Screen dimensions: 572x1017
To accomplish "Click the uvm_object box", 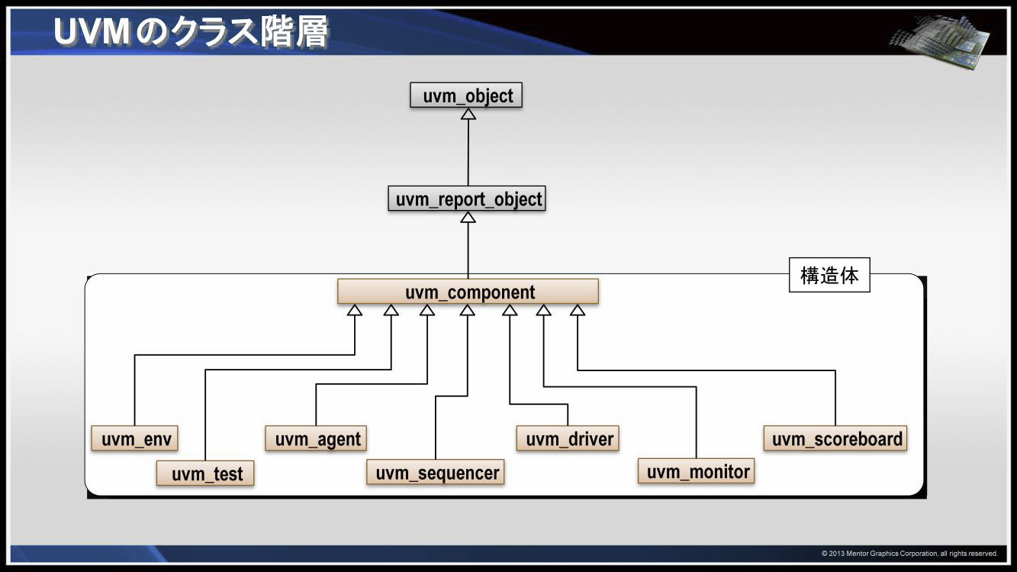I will pos(466,96).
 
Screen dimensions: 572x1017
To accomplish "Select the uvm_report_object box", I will pos(467,199).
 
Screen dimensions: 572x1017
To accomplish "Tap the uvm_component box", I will pos(468,292).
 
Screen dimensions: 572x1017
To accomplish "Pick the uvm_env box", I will pos(134,439).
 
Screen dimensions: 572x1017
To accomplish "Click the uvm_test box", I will pos(205,473).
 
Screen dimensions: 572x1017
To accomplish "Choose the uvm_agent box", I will pos(317,439).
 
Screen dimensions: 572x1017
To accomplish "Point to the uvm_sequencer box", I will pos(436,473).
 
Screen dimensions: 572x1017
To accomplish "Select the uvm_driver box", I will pos(568,439).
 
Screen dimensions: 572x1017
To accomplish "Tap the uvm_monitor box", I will pos(697,471).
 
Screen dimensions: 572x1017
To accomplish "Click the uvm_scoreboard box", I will pos(835,439).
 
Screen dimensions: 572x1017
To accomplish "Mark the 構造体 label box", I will pos(829,275).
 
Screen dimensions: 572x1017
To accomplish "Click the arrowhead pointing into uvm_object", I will pos(468,114).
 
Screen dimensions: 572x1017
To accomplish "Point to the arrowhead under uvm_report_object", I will pos(468,217).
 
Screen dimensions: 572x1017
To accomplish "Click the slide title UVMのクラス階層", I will pos(191,32).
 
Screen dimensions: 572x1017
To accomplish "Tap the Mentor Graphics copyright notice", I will pos(909,553).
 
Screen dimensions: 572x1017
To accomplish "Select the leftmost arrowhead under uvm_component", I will pos(354,310).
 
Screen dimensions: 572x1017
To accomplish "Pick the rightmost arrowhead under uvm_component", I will pos(578,310).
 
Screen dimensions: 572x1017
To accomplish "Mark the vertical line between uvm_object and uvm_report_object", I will pos(468,153).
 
